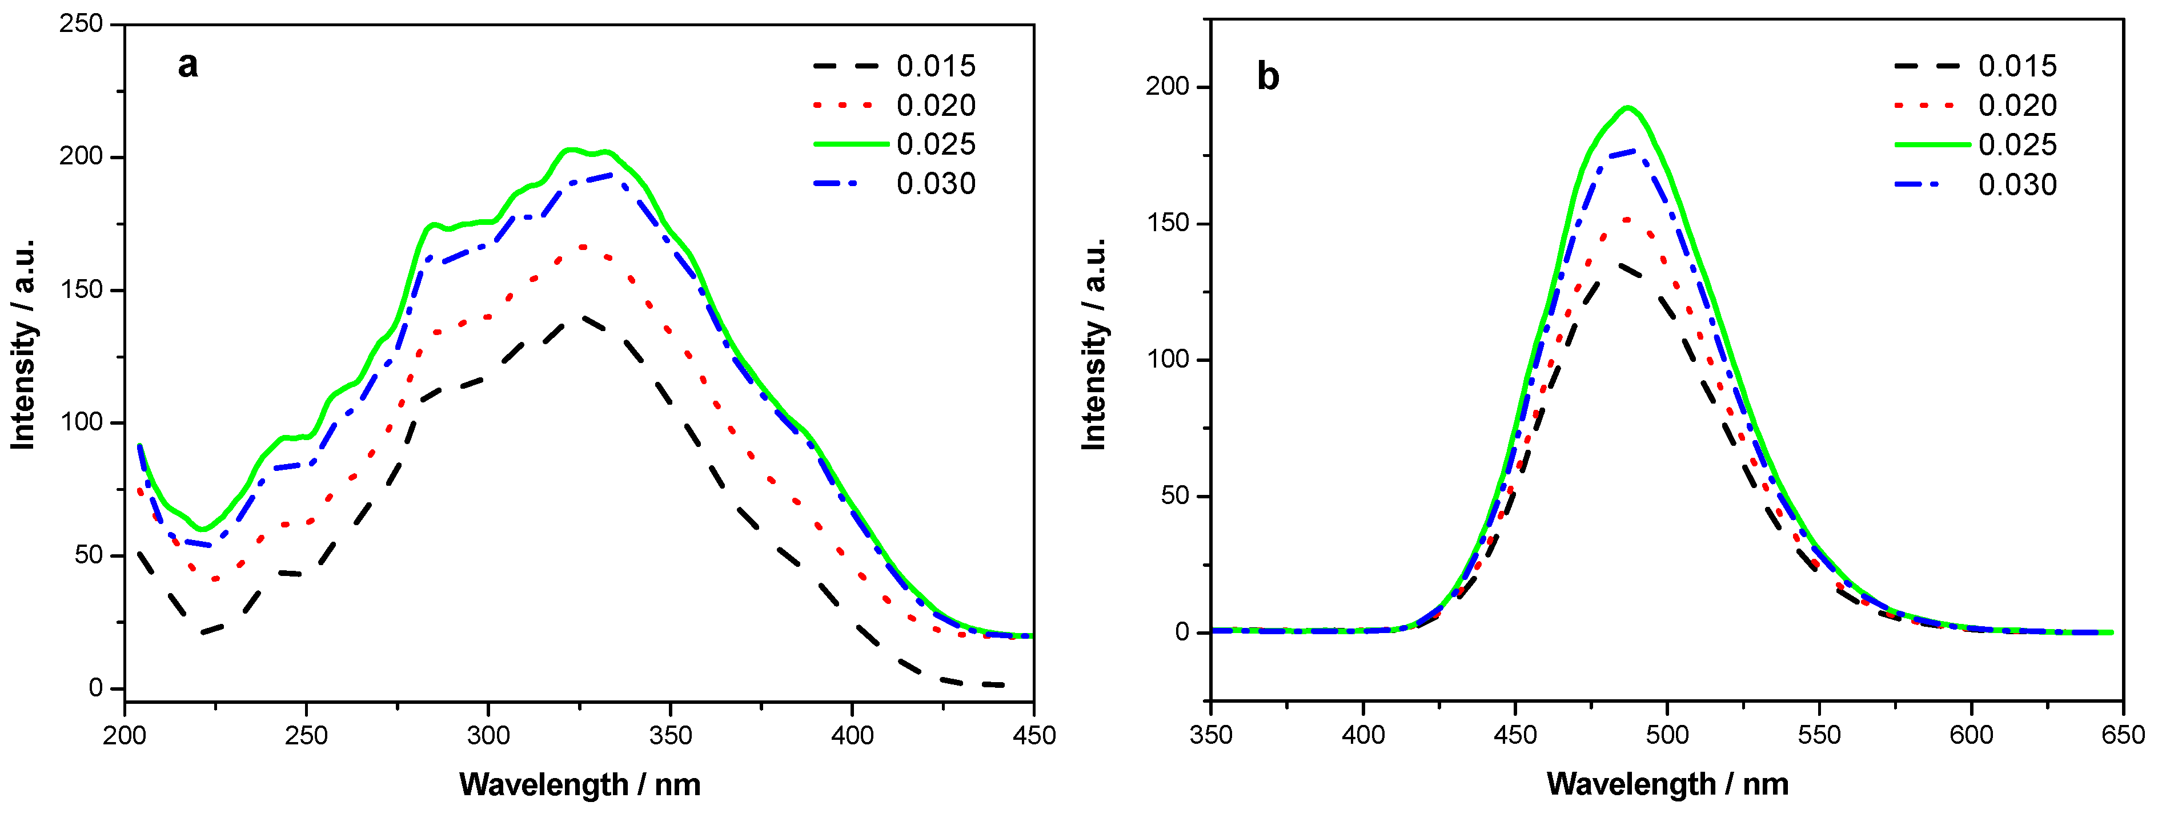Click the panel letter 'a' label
click(188, 65)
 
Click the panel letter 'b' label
click(1267, 77)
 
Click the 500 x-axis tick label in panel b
click(1667, 735)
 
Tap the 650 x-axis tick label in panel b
click(2123, 735)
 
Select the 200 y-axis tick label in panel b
click(1168, 87)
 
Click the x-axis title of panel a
click(580, 785)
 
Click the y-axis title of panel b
click(1094, 344)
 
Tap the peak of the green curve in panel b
click(1628, 107)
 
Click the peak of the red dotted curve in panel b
click(1627, 219)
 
